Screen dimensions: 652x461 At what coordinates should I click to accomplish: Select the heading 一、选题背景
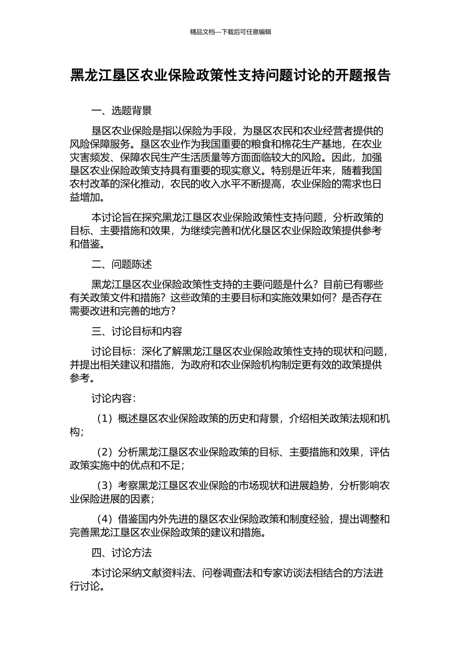pyautogui.click(x=121, y=111)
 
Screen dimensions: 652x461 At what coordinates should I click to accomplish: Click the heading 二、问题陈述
pyautogui.click(x=121, y=264)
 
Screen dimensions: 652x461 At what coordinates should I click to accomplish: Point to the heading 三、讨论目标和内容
pyautogui.click(x=137, y=331)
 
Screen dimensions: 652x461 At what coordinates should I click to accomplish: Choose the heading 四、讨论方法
pyautogui.click(x=121, y=553)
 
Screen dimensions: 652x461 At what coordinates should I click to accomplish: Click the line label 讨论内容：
pyautogui.click(x=114, y=398)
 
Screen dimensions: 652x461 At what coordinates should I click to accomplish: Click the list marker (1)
pyautogui.click(x=104, y=419)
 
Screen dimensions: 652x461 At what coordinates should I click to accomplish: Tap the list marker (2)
pyautogui.click(x=104, y=452)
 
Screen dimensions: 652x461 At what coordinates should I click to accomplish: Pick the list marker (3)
pyautogui.click(x=104, y=486)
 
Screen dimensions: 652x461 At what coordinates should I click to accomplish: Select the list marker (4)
pyautogui.click(x=104, y=519)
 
